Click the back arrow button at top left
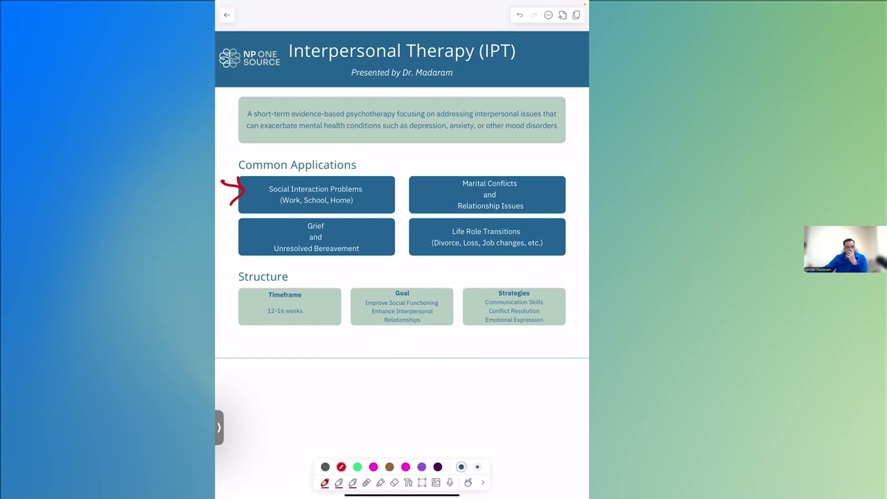pos(227,15)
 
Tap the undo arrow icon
pos(520,15)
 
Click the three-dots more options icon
pos(548,15)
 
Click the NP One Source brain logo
pos(229,58)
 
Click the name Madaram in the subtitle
pos(434,73)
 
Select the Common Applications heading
pos(297,165)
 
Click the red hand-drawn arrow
pos(234,191)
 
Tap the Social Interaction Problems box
pos(316,195)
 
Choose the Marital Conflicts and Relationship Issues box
pos(487,195)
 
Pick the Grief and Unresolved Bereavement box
pos(316,237)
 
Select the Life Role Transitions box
pos(487,237)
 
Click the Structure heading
pos(263,277)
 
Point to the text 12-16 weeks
pos(285,311)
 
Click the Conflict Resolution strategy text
pos(513,311)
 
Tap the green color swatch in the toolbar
pos(358,467)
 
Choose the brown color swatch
pos(389,467)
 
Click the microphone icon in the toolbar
pos(450,482)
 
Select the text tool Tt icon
pos(408,482)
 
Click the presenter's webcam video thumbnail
pos(845,249)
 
